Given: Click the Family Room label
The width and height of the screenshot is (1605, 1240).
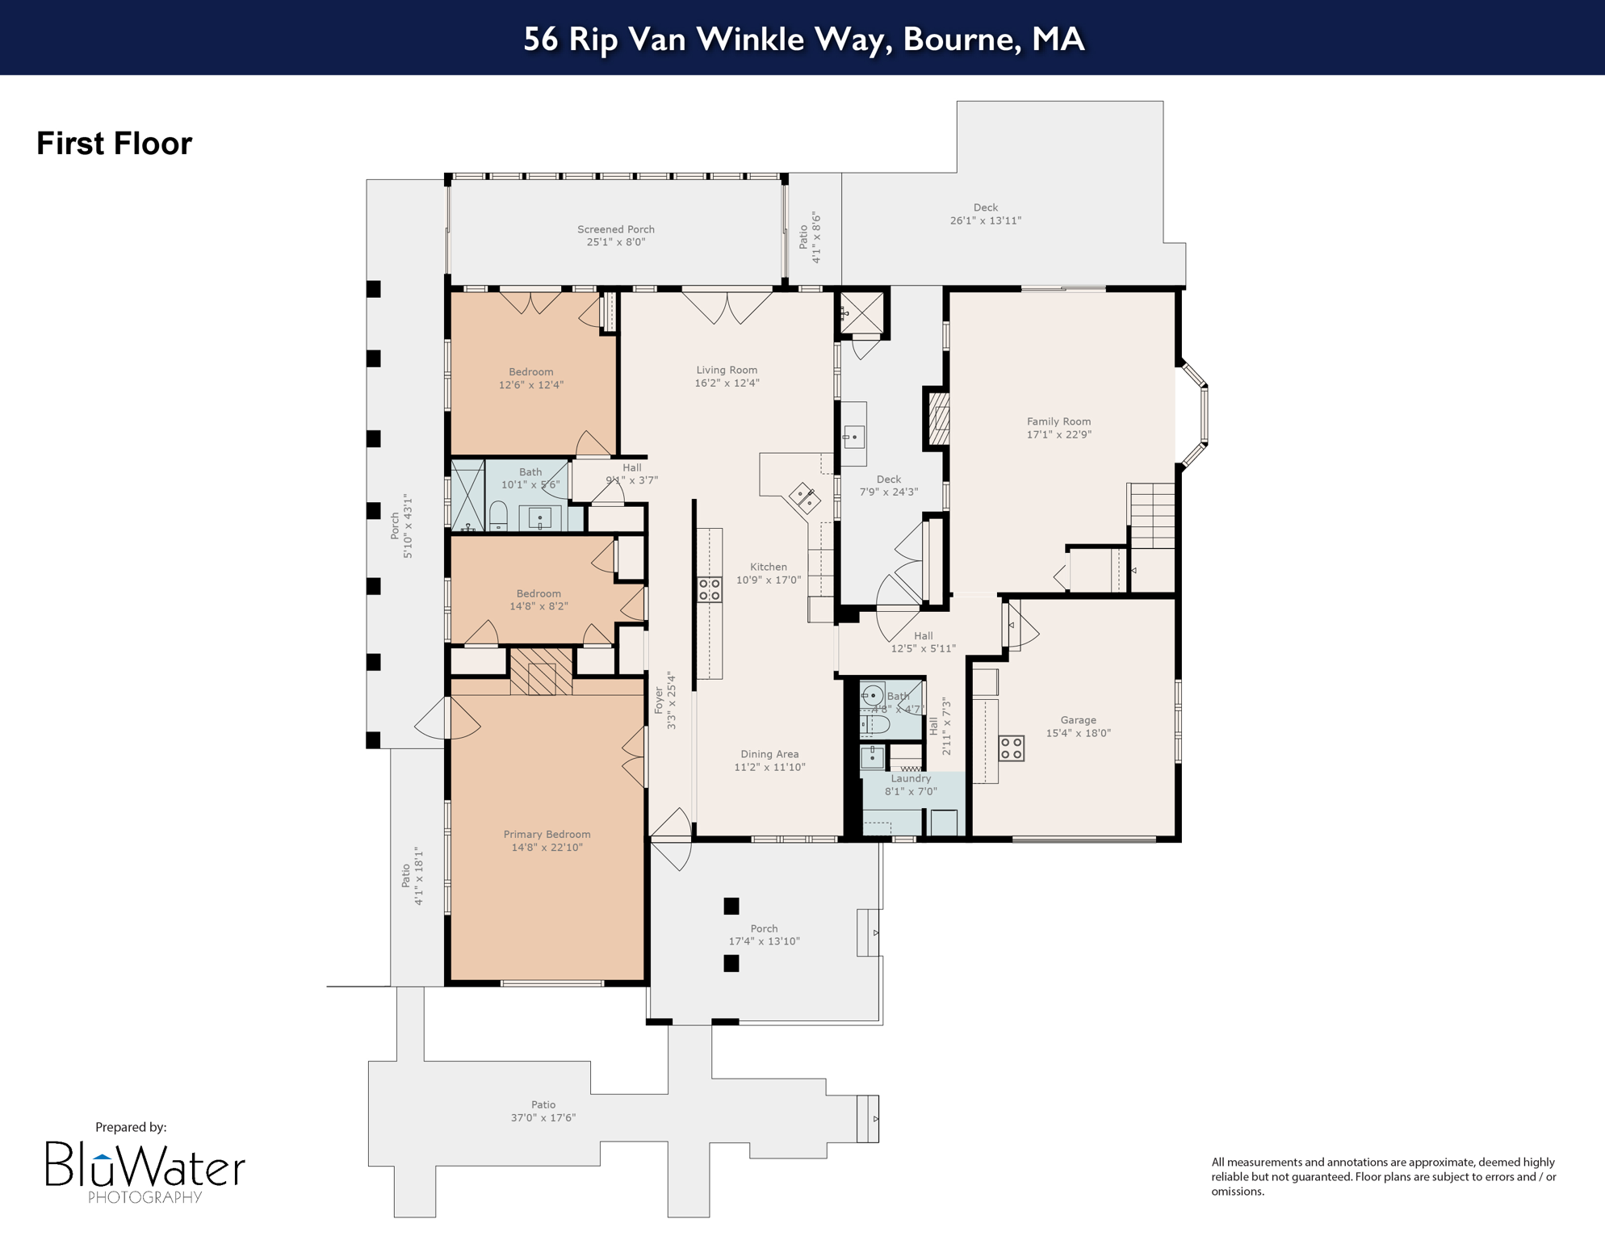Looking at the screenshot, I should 1058,421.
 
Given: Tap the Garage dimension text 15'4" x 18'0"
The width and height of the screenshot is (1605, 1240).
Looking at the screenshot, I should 1079,733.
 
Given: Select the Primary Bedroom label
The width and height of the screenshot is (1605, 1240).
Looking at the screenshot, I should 547,834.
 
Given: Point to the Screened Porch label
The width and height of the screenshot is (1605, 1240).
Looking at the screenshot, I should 615,229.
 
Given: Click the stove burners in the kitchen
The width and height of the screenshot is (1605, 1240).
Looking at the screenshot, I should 710,589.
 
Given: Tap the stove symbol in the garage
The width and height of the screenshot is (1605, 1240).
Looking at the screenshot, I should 1012,748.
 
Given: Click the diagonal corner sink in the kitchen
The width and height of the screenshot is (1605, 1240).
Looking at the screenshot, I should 804,497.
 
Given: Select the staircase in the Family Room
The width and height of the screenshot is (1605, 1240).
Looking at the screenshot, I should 1152,515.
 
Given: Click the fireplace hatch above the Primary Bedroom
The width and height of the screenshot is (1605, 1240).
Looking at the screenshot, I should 541,671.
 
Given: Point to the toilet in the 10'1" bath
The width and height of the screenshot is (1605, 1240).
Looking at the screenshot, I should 499,516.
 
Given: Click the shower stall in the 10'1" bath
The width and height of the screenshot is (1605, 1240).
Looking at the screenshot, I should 467,495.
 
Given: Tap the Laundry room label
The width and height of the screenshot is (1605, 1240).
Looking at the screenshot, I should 911,778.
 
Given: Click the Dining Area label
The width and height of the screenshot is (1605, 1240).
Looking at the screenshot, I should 769,754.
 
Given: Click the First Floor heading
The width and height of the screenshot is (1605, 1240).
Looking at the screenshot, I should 115,144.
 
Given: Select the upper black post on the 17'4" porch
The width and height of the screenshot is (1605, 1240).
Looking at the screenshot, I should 731,906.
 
